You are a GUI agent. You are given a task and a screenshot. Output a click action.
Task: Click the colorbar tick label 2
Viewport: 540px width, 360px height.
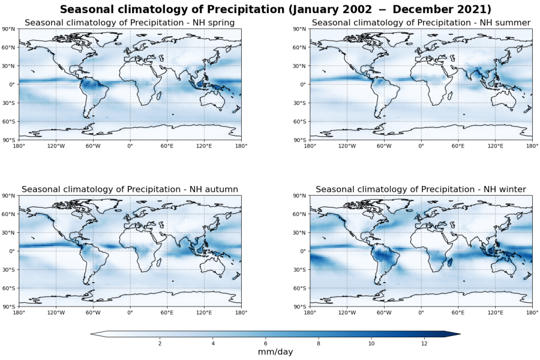(160, 343)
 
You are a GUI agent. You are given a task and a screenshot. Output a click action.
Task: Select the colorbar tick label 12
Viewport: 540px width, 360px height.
(424, 343)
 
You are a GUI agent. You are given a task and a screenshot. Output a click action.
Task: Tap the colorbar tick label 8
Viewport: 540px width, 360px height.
(319, 343)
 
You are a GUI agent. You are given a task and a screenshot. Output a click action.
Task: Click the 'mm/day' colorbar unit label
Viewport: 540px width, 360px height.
(275, 352)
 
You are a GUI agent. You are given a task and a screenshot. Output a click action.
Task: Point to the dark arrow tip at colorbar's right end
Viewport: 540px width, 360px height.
(455, 334)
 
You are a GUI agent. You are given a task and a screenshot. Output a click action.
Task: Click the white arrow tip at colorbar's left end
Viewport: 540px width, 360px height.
(95, 334)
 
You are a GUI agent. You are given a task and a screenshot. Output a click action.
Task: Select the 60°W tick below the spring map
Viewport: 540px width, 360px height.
(92, 146)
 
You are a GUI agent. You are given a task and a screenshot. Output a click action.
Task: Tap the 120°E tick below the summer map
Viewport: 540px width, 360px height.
(495, 146)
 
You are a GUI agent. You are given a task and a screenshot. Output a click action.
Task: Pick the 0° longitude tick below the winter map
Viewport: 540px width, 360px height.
(421, 313)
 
